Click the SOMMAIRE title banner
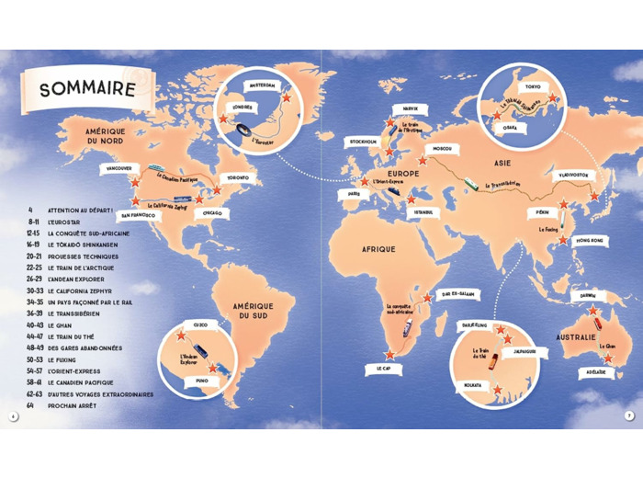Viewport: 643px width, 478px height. (87, 90)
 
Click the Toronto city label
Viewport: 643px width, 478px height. (237, 177)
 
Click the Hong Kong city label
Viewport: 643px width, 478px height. (592, 240)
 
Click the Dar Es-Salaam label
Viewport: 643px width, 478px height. (456, 294)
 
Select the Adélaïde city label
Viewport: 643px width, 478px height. (592, 372)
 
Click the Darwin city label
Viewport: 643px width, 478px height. (582, 296)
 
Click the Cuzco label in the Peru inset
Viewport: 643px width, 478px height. (198, 324)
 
